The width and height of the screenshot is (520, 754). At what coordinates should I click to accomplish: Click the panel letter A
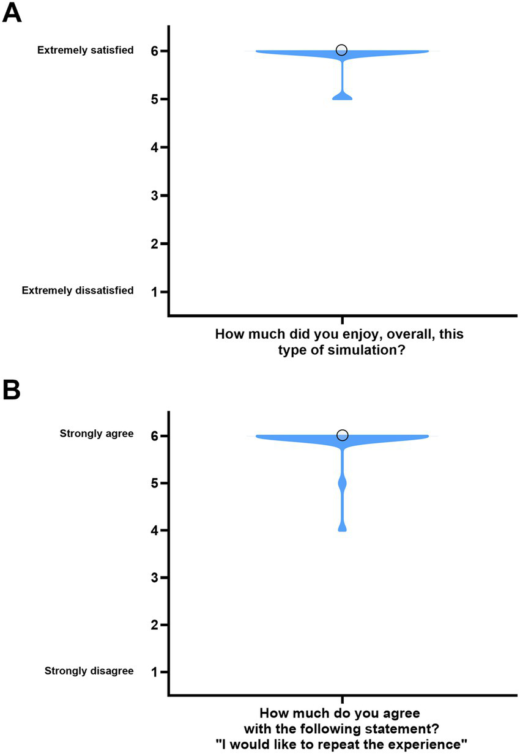click(x=12, y=12)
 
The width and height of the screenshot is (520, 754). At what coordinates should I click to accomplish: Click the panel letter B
click(x=12, y=390)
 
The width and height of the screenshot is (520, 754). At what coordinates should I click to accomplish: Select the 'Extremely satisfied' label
click(x=85, y=50)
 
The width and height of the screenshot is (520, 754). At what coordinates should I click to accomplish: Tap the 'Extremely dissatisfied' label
click(x=78, y=290)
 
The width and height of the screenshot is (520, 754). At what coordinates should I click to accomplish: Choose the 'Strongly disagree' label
click(x=89, y=671)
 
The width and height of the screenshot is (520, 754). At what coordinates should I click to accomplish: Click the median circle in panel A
click(x=342, y=50)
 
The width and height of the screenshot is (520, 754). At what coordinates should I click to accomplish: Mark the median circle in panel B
click(x=342, y=435)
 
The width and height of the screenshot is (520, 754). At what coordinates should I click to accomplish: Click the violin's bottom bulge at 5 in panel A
click(x=342, y=96)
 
